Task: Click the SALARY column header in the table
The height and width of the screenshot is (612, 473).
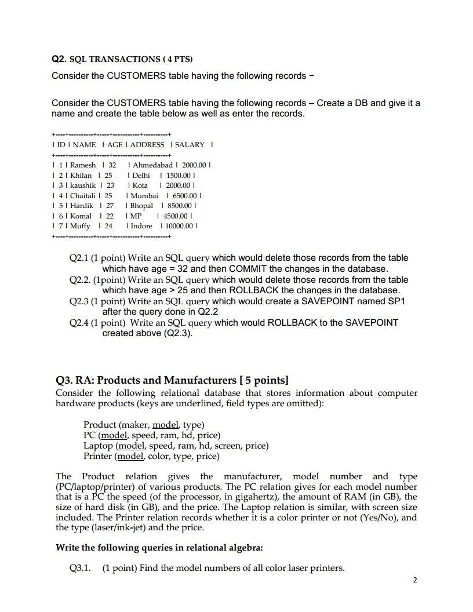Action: point(190,144)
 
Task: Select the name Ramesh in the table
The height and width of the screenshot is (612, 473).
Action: point(83,165)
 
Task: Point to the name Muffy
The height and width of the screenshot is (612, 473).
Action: point(81,226)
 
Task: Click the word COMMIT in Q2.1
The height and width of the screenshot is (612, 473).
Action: point(248,269)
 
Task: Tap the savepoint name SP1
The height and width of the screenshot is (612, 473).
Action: point(395,301)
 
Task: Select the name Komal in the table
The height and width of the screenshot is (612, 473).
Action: point(82,216)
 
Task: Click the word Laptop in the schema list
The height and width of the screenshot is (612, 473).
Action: point(99,446)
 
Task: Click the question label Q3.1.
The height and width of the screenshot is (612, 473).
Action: point(80,568)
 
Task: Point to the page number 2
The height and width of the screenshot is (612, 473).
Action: point(415,580)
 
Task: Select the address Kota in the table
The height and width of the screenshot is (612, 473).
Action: point(140,185)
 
